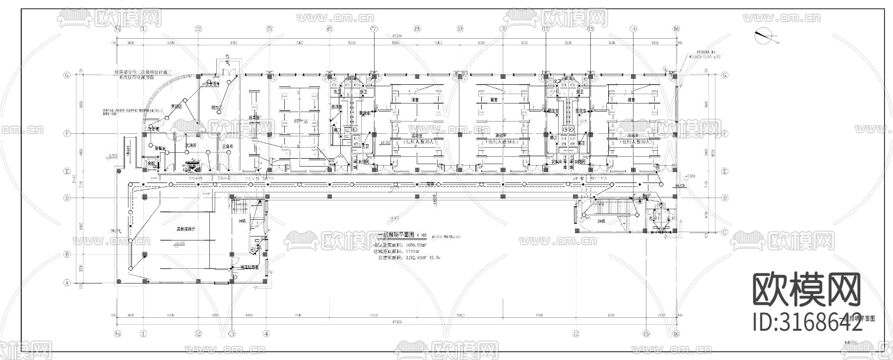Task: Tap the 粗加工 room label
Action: [x=217, y=107]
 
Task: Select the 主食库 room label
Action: [x=228, y=146]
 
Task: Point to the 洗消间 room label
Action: [x=191, y=146]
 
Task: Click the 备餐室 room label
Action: [x=160, y=148]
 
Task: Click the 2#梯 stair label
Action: [x=602, y=221]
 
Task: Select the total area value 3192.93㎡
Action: [x=409, y=258]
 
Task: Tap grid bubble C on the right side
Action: [x=725, y=232]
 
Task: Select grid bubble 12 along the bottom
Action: [x=576, y=333]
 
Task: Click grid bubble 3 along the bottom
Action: [x=231, y=333]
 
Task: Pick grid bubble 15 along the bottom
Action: [x=646, y=333]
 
